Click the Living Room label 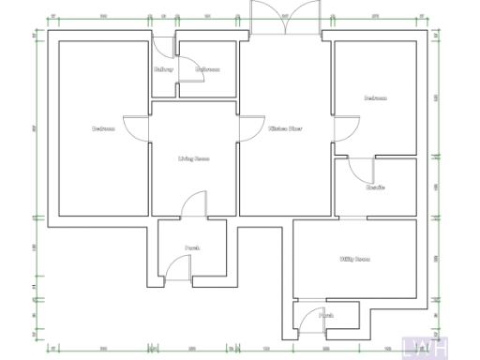(x=193, y=159)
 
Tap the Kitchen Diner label (x=285, y=128)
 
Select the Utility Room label (x=354, y=259)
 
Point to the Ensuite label (x=375, y=187)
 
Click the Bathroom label (x=207, y=69)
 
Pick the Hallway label (x=164, y=69)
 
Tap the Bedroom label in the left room (x=103, y=128)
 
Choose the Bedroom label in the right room (x=376, y=97)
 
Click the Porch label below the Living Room (x=191, y=248)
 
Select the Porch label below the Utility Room (x=326, y=316)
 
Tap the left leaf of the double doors (x=265, y=19)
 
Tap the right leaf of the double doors (x=305, y=19)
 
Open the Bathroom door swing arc (x=190, y=75)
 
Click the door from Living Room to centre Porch (x=193, y=204)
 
